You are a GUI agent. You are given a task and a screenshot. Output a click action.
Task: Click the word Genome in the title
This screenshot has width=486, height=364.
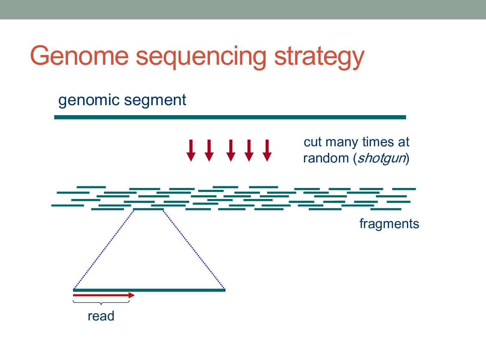[79, 56]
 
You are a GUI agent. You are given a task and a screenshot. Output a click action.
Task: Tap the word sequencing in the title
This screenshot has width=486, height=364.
[201, 57]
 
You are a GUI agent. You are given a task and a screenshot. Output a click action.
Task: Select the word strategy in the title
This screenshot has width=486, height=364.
[319, 57]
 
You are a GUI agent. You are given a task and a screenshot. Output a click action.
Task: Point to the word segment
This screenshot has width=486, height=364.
[155, 100]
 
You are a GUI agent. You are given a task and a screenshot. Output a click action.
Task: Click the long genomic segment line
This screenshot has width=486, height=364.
[230, 117]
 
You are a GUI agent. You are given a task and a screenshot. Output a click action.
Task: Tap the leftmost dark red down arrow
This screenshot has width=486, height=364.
[191, 150]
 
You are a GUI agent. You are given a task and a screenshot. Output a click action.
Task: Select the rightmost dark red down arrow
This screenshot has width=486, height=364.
[267, 150]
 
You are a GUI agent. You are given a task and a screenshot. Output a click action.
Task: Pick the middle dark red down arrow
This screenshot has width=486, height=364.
[231, 150]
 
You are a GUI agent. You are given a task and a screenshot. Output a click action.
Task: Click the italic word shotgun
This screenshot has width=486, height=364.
[382, 158]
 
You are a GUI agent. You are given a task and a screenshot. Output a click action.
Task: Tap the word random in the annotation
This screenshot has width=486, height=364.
[326, 158]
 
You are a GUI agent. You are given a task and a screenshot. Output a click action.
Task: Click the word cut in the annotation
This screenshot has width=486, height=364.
[313, 142]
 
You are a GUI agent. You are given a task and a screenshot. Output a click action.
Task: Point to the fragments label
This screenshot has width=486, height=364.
[389, 224]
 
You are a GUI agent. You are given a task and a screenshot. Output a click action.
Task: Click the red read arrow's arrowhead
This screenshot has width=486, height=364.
[132, 295]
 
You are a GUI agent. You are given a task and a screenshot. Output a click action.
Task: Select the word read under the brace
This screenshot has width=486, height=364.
[101, 316]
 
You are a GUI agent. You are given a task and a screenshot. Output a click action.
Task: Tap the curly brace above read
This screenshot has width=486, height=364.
[101, 303]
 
